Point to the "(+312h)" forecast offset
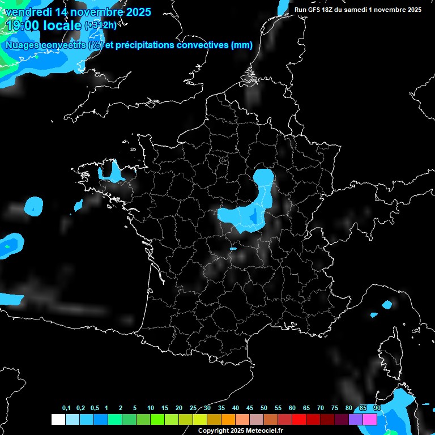pyautogui.click(x=100, y=25)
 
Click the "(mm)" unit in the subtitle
pyautogui.click(x=242, y=45)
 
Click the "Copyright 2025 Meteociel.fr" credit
pyautogui.click(x=240, y=430)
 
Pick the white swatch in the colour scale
pyautogui.click(x=58, y=419)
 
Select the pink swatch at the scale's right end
pyautogui.click(x=370, y=419)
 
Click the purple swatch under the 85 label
pyautogui.click(x=356, y=419)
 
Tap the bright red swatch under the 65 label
pyautogui.click(x=299, y=419)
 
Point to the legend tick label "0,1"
pyautogui.click(x=66, y=408)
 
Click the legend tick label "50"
pyautogui.click(x=264, y=408)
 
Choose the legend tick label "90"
pyautogui.click(x=377, y=408)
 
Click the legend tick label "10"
pyautogui.click(x=150, y=408)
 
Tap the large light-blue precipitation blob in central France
pyautogui.click(x=249, y=212)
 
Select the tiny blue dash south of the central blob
pyautogui.click(x=233, y=248)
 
